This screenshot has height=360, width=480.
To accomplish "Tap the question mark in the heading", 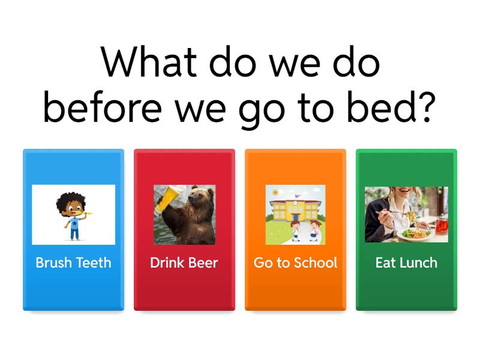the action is point(427,107).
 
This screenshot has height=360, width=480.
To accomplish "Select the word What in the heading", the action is point(149,62).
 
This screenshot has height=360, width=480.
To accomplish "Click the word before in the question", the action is point(102,107).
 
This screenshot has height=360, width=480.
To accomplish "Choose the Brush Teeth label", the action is point(73,263).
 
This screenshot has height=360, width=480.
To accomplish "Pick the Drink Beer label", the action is point(184,263).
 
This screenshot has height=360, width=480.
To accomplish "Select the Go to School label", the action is point(295,263).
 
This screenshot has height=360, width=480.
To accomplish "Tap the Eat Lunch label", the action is point(406,263).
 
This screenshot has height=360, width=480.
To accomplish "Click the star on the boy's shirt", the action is point(74,224).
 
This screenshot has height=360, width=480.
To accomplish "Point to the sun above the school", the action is point(275,192).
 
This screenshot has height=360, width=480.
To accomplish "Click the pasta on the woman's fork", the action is point(411,219).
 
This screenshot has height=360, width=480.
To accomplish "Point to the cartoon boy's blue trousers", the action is point(74,234).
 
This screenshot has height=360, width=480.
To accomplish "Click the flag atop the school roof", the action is point(296,196).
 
